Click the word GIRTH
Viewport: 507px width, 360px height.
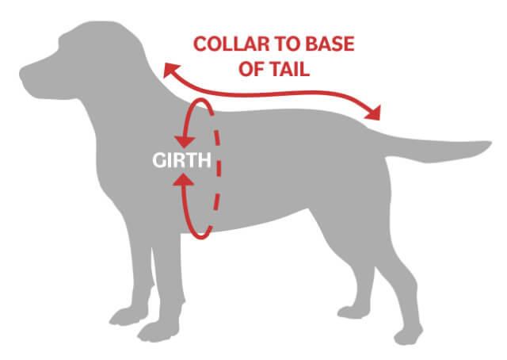(181, 161)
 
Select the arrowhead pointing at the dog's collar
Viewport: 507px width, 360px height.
(169, 71)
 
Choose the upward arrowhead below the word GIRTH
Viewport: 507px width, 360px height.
(187, 183)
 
